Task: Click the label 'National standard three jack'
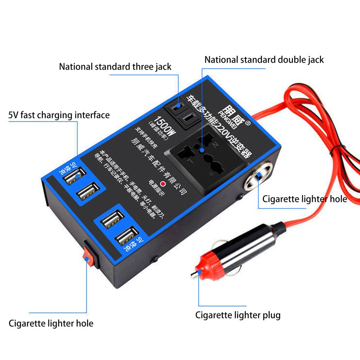pos(115,66)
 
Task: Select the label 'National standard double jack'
pos(264,59)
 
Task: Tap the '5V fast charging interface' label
pos(59,115)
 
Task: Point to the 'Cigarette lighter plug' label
pos(238,315)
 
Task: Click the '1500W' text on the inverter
pos(166,128)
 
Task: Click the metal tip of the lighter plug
pos(194,274)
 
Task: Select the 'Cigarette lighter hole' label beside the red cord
pos(304,199)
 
